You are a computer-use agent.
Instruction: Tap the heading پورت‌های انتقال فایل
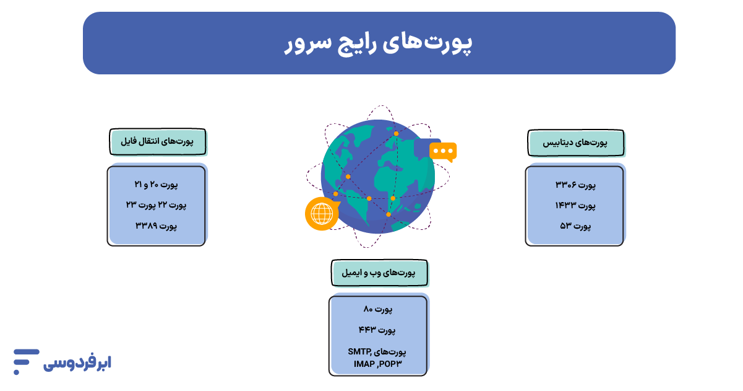158,142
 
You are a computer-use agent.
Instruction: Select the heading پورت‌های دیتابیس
575,143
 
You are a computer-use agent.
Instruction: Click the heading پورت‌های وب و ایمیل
379,273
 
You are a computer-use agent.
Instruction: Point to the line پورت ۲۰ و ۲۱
156,185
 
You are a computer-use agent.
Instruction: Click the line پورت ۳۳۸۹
156,226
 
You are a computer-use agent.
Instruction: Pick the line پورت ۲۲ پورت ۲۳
156,205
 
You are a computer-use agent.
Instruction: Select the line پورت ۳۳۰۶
575,185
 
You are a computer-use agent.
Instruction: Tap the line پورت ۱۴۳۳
575,205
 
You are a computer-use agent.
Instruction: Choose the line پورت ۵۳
575,226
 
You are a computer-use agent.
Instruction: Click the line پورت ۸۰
379,309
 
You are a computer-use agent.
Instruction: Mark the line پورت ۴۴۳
379,328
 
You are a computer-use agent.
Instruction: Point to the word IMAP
365,363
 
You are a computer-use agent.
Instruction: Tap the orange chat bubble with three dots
443,151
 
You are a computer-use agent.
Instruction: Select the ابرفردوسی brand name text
77,363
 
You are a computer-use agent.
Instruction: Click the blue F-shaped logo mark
26,362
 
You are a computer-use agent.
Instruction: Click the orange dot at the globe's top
396,133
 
